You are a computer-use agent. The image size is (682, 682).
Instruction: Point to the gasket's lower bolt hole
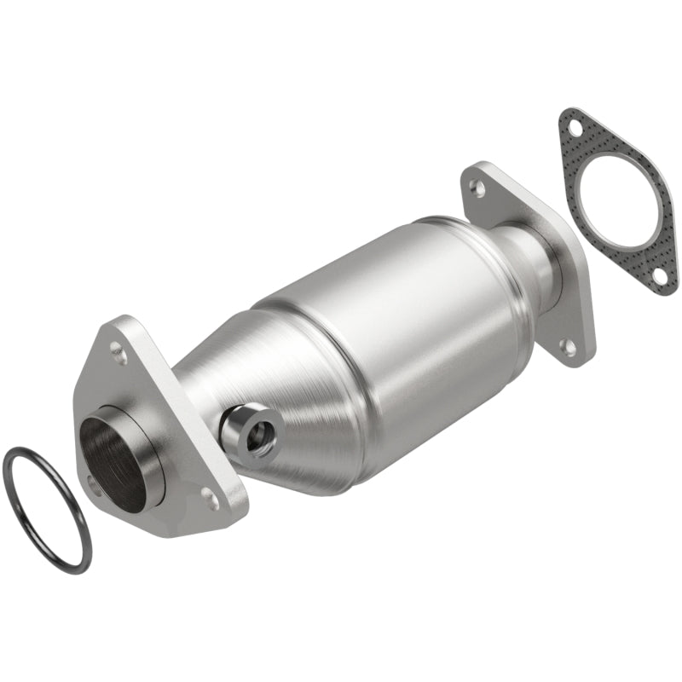click(x=660, y=275)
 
